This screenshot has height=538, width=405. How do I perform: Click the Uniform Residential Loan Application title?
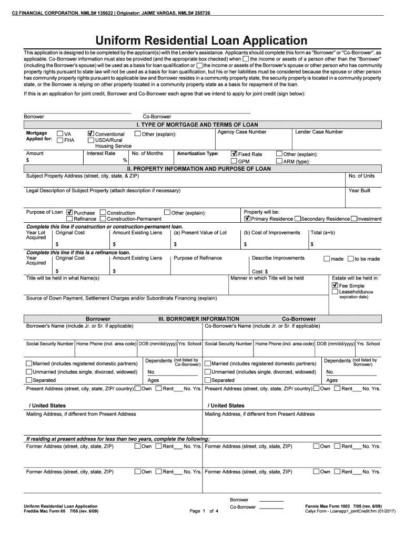tap(201, 40)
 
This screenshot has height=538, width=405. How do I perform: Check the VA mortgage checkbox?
tap(60, 134)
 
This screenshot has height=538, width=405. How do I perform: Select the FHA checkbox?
tap(60, 140)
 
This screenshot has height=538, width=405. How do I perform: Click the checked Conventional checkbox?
tap(91, 134)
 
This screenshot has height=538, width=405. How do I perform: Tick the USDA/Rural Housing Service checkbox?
tap(91, 140)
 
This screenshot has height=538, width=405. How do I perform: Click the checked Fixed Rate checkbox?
tap(234, 154)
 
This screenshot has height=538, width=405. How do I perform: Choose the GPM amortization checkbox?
tap(234, 161)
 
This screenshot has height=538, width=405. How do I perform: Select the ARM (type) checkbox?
tap(279, 161)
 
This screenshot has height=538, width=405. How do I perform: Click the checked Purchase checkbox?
tap(69, 212)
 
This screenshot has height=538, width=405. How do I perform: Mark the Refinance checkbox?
tap(69, 219)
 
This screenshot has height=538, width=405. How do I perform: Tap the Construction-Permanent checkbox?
tap(103, 219)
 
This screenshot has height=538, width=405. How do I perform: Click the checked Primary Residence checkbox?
tap(247, 219)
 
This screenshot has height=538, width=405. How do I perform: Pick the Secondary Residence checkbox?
tap(297, 219)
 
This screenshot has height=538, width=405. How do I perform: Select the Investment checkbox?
tap(353, 219)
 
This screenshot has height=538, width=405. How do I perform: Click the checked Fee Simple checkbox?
tap(335, 285)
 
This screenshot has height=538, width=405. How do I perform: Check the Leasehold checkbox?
tap(335, 292)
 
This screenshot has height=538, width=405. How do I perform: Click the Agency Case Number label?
tap(242, 132)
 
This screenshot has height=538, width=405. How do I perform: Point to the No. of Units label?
tap(362, 176)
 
